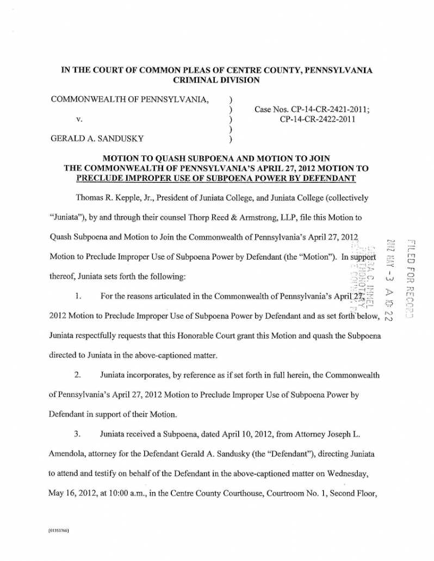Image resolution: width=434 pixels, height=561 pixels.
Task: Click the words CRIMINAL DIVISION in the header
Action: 216,80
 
